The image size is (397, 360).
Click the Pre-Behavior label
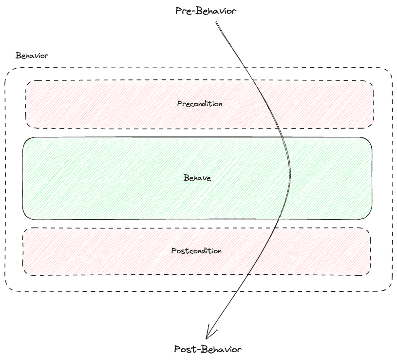206,11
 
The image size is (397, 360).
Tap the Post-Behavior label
208,349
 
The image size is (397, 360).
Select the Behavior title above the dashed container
32,56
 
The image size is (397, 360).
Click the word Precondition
200,104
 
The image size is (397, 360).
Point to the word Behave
197,178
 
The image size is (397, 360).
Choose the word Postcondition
196,251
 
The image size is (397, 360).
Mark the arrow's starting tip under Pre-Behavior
215,22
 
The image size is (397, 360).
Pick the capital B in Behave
186,178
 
